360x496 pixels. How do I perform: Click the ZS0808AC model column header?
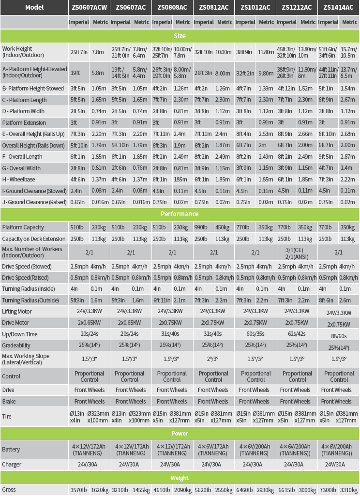coord(172,7)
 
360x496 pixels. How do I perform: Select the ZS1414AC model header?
coord(339,7)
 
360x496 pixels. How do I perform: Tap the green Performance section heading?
coord(180,214)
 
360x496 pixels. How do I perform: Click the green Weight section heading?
coord(180,478)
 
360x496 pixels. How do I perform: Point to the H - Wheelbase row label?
coord(19,179)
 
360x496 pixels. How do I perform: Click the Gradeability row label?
coord(16,346)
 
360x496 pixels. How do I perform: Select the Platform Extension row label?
coord(26,122)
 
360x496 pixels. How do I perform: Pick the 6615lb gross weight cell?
coord(286,490)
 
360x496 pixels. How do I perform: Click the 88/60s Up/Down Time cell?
coord(339,335)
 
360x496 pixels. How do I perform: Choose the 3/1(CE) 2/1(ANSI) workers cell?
coord(297,252)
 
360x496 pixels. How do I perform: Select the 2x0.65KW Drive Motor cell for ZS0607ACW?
coord(89,323)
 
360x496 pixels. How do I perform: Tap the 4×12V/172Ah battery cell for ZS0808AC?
coord(172,450)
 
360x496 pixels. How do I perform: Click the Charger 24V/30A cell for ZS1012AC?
coord(255,465)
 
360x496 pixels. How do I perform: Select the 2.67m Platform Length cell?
coord(349,100)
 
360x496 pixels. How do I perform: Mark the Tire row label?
coord(7,417)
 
